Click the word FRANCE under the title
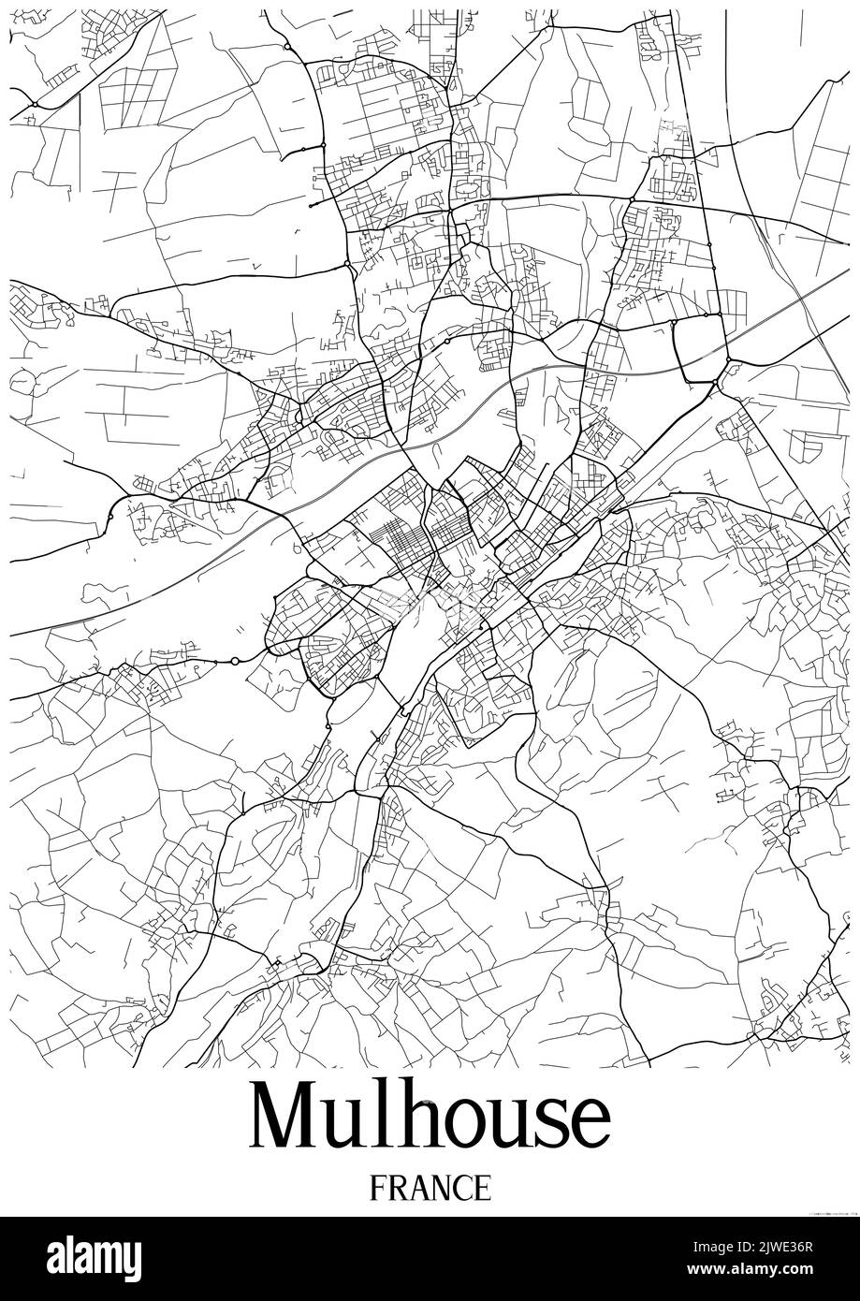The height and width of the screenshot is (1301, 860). click(430, 1188)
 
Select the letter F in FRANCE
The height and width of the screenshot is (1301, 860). click(378, 1188)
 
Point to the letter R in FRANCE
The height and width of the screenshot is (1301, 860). click(397, 1188)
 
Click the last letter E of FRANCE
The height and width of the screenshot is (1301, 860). click(481, 1188)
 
